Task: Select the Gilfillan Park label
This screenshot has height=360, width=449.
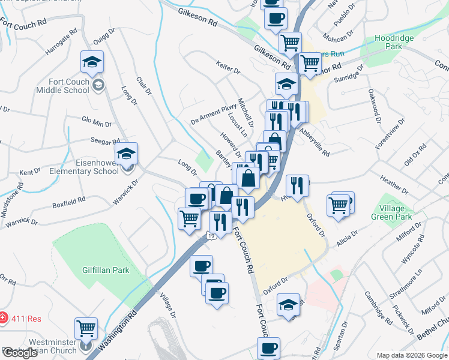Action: tap(106, 270)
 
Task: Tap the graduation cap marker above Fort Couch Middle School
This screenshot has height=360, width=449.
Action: tap(92, 62)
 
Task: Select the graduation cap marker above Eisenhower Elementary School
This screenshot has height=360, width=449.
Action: tap(127, 154)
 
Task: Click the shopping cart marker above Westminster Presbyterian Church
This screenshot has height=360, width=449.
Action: tap(86, 329)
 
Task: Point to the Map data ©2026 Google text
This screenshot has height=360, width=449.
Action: tap(412, 355)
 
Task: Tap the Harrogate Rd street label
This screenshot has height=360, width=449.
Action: tap(61, 41)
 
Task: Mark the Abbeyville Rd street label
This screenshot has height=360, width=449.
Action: tap(314, 143)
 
